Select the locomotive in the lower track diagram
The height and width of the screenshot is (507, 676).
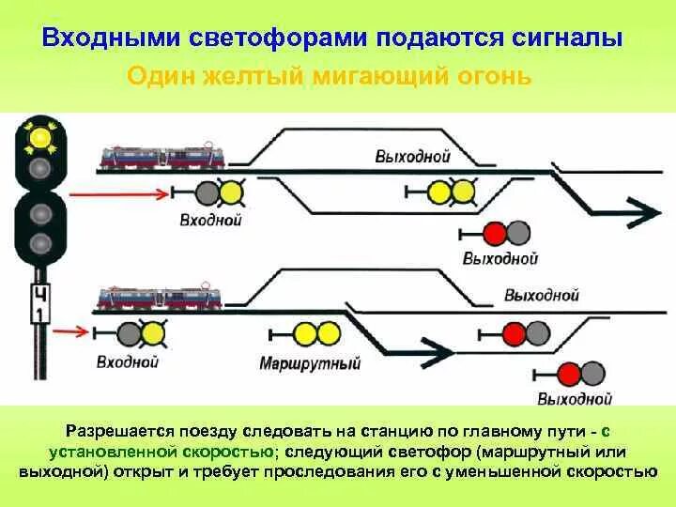coord(161,298)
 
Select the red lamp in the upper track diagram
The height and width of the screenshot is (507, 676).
coord(495,233)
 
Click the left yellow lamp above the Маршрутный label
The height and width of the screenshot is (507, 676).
coord(304,333)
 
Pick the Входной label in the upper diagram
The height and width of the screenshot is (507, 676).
coord(210,221)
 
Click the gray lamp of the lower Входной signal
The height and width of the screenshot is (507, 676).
coord(129,332)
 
